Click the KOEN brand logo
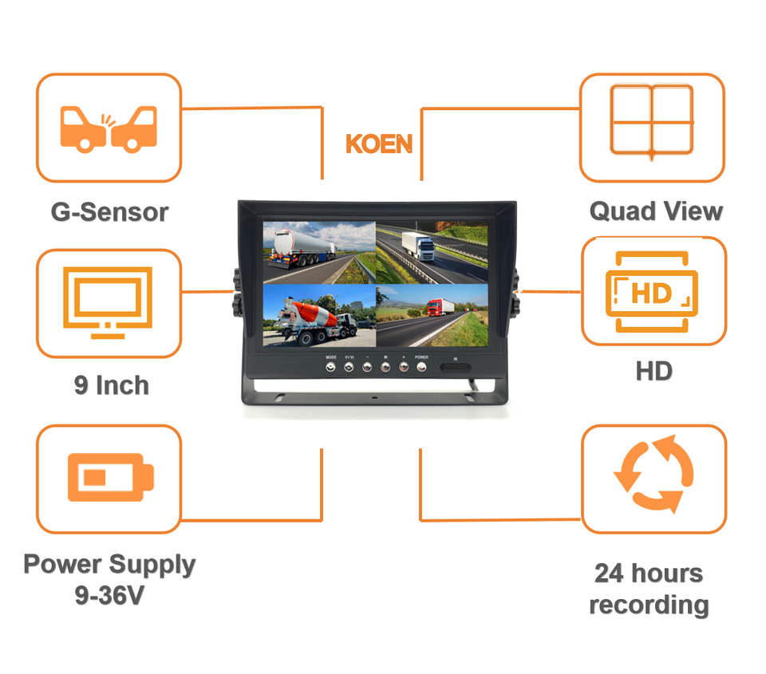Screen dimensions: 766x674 click(379, 144)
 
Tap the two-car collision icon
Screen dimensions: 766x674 click(109, 128)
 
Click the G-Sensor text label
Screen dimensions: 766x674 click(109, 212)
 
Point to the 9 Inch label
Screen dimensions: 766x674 click(111, 385)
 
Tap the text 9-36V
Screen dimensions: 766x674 click(109, 595)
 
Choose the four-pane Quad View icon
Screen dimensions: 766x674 click(651, 120)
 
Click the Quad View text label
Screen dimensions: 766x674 click(656, 211)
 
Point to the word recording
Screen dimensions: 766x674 click(649, 605)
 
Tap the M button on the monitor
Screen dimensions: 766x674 click(385, 367)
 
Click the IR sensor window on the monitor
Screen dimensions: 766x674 click(454, 369)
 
